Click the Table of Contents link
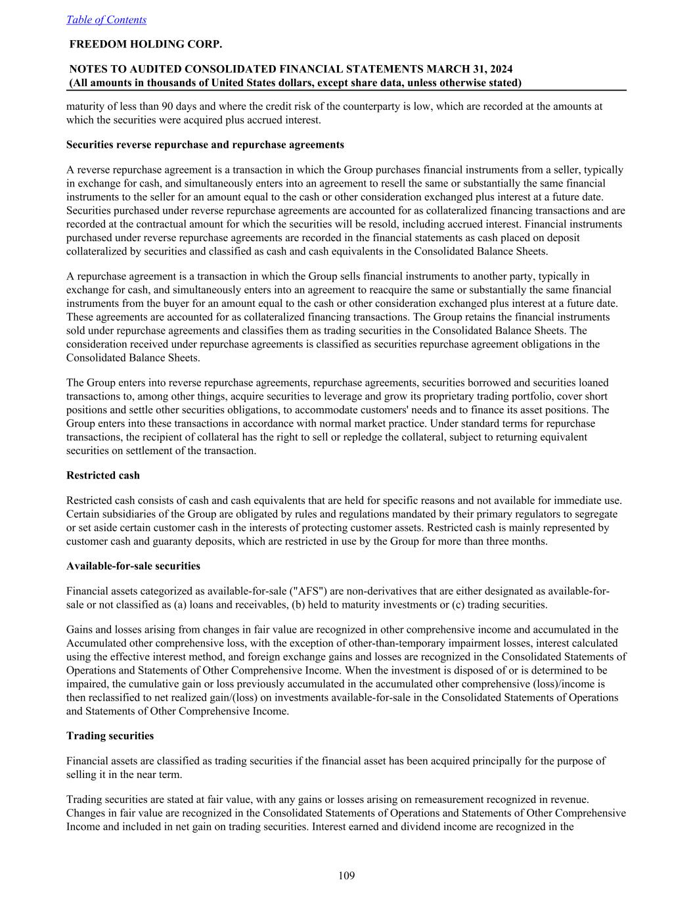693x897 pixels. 106,20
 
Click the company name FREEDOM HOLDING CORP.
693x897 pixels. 146,44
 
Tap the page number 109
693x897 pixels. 346,875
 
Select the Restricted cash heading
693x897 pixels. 103,475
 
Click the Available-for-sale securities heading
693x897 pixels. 133,566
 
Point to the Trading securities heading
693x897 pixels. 110,735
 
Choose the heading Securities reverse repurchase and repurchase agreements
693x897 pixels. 205,145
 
